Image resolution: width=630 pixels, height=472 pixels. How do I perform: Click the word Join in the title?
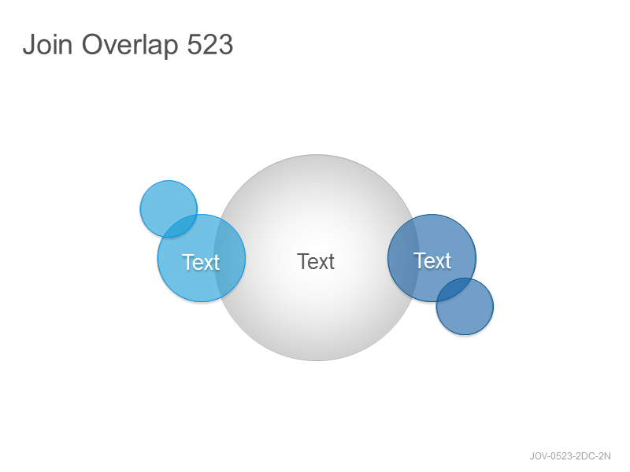point(47,44)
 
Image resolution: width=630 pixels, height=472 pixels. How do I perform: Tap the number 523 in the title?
point(210,44)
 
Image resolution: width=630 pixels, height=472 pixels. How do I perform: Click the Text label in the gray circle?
point(316,262)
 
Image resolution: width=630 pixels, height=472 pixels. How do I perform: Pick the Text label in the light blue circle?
point(201,263)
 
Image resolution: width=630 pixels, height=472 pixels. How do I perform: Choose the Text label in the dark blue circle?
point(432,261)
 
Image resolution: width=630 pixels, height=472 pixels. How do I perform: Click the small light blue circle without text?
point(169,208)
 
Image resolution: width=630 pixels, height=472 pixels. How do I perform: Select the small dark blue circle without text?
point(465,306)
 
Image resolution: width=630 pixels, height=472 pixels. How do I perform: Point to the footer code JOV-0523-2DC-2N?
point(570,456)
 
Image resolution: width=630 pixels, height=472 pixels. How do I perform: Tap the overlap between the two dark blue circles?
point(454,289)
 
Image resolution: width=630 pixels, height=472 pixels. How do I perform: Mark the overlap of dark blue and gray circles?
point(403,258)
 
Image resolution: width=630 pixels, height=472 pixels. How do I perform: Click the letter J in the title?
point(28,44)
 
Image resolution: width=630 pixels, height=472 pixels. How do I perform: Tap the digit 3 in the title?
point(226,44)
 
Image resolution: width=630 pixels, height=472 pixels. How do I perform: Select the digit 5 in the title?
point(195,44)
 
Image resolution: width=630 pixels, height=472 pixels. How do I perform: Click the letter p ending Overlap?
point(171,48)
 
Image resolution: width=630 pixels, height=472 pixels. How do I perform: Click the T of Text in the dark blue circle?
point(420,260)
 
